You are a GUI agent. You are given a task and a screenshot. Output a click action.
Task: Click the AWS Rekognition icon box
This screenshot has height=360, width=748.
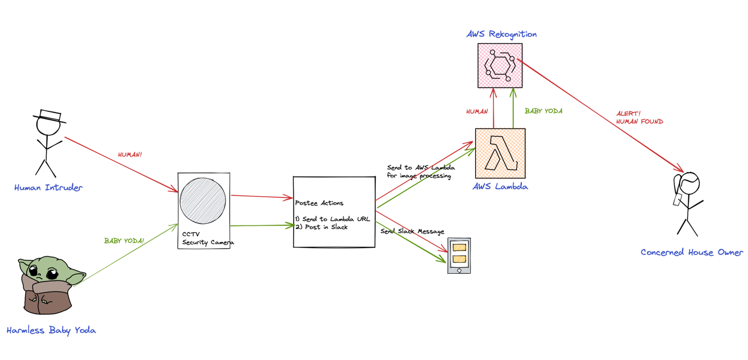point(500,65)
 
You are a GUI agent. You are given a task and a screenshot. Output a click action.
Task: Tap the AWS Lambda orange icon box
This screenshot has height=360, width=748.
point(500,153)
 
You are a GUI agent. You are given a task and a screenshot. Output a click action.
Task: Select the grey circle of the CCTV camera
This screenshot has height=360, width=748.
point(203,201)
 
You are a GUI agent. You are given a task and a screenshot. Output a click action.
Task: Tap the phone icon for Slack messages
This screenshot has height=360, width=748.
point(459,255)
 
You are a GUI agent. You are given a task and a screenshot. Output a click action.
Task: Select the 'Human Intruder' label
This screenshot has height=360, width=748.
point(48,187)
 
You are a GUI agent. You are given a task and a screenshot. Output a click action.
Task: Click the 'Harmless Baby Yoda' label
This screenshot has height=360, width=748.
point(51,330)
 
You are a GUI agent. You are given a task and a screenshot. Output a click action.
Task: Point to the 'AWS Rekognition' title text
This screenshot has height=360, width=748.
point(501,34)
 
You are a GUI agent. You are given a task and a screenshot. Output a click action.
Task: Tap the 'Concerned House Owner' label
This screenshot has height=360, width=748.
point(691,252)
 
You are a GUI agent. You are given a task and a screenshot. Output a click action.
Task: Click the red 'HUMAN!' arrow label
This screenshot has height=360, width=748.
point(129,155)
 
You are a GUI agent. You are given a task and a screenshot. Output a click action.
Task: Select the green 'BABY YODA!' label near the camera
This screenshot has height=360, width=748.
point(124,240)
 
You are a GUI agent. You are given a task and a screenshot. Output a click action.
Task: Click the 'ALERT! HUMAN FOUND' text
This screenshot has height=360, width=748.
point(639,118)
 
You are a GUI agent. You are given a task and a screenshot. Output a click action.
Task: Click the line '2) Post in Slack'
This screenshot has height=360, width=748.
point(321,227)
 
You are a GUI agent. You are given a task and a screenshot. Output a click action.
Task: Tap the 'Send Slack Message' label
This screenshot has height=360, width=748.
point(412,232)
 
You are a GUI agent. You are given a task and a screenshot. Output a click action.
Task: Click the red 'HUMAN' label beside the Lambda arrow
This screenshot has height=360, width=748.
point(477,111)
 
